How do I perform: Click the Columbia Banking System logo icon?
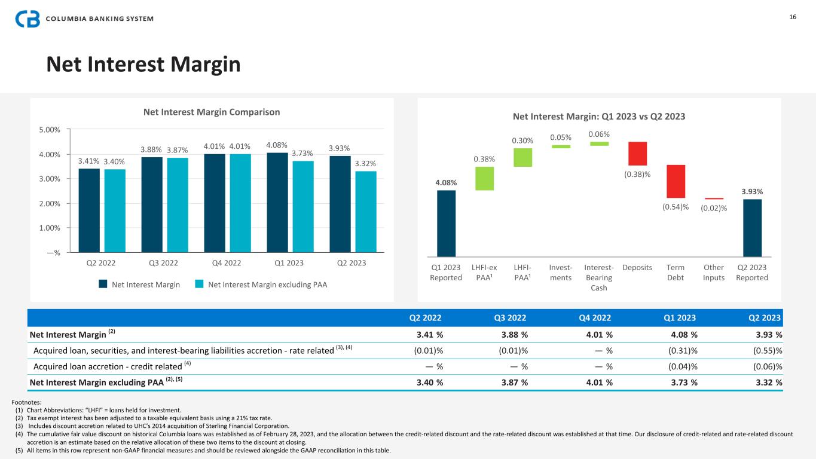[27, 19]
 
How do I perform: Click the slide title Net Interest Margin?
[143, 65]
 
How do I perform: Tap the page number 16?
[793, 17]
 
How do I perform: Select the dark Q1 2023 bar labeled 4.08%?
[277, 203]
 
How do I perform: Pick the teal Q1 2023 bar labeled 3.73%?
[303, 207]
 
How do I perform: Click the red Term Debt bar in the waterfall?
[676, 181]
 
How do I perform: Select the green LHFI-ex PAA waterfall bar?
[484, 178]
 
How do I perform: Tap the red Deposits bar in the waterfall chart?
[637, 154]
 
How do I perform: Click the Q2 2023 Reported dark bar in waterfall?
[752, 228]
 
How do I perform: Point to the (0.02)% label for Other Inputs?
[714, 208]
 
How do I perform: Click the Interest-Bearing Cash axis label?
[599, 277]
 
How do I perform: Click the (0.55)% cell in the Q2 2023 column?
[766, 350]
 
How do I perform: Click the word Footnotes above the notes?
[28, 403]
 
